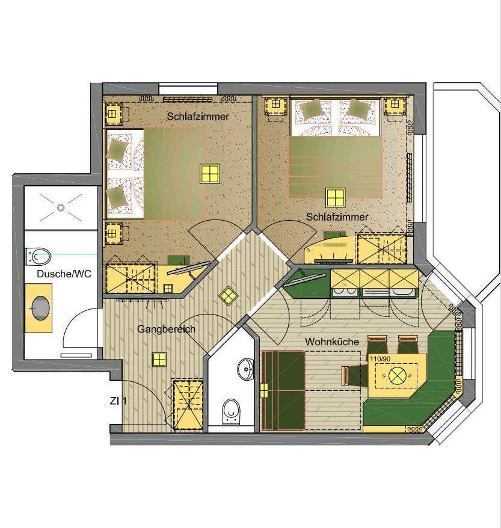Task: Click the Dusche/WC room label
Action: [x=64, y=274]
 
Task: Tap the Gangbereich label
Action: [x=166, y=329]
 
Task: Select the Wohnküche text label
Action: [x=332, y=342]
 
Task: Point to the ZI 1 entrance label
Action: [x=118, y=401]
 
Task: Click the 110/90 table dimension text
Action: [x=380, y=359]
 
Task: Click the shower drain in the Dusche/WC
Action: [x=61, y=207]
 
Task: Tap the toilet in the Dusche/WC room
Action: [x=38, y=257]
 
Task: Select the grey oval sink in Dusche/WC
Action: [x=41, y=307]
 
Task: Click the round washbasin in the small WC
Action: [x=246, y=369]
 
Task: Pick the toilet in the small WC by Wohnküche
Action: [x=232, y=411]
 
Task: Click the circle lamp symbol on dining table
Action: [x=396, y=375]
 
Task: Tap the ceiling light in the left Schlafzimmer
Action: [x=210, y=174]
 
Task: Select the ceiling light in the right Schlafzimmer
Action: [x=336, y=198]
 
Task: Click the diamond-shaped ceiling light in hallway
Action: [x=229, y=296]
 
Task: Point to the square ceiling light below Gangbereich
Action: [x=159, y=360]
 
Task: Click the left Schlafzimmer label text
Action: [x=198, y=117]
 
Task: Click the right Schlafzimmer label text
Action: [x=337, y=217]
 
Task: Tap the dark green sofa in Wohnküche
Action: [x=283, y=390]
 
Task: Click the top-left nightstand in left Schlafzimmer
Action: [x=113, y=114]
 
